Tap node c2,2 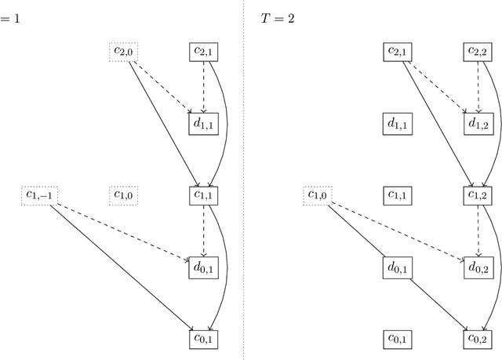coord(478,53)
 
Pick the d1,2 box coord(478,124)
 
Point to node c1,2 coord(478,195)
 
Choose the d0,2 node coord(478,267)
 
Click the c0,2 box coord(478,338)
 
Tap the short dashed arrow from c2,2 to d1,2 coord(478,86)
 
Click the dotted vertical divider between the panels coord(243,180)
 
